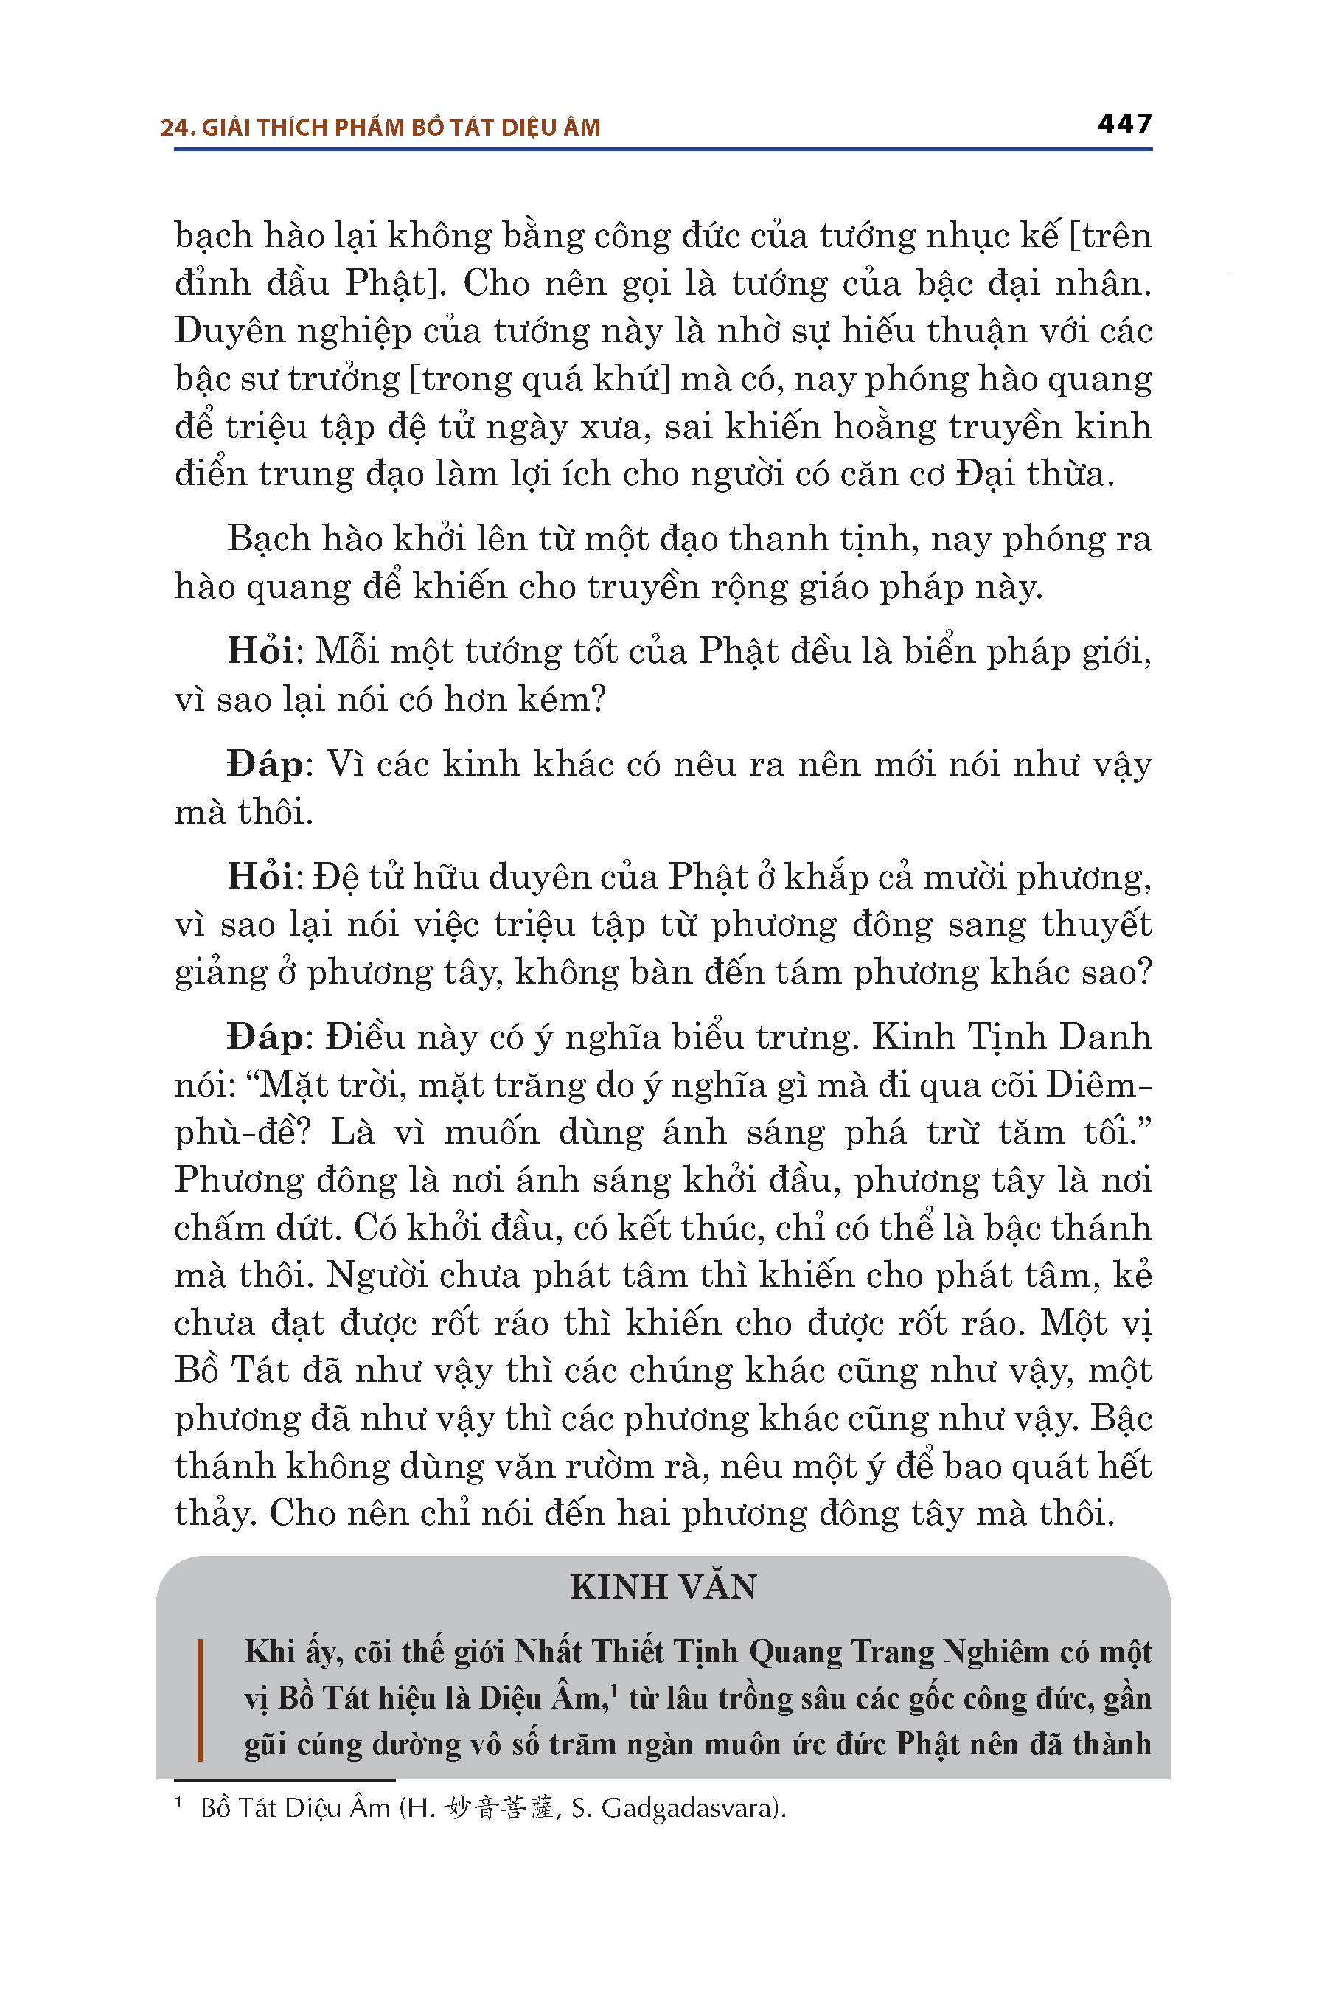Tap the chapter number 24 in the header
[x=174, y=128]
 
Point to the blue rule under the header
[x=663, y=150]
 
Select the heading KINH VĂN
[x=663, y=1586]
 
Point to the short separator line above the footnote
[x=285, y=1780]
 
